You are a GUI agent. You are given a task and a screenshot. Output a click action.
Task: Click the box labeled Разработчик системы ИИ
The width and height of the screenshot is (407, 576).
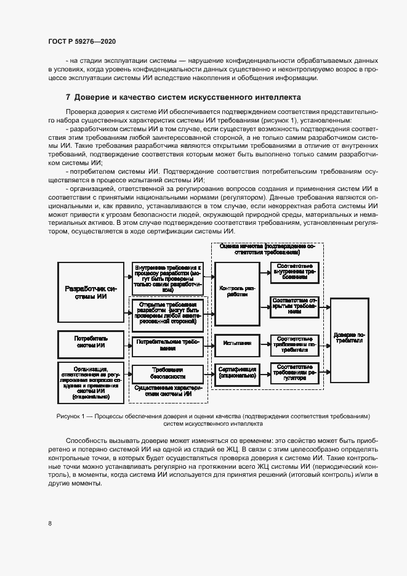pos(91,292)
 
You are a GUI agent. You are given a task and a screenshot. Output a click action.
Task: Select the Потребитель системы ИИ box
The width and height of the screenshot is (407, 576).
pos(91,344)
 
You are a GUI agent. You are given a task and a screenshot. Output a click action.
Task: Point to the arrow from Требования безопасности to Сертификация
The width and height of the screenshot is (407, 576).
pos(209,373)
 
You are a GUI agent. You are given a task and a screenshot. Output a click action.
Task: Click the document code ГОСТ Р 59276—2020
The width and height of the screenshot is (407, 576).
pos(81,41)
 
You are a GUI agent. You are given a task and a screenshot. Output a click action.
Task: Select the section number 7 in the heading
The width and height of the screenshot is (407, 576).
pos(68,97)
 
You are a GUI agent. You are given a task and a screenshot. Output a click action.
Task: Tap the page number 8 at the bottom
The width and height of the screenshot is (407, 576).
pos(50,524)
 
